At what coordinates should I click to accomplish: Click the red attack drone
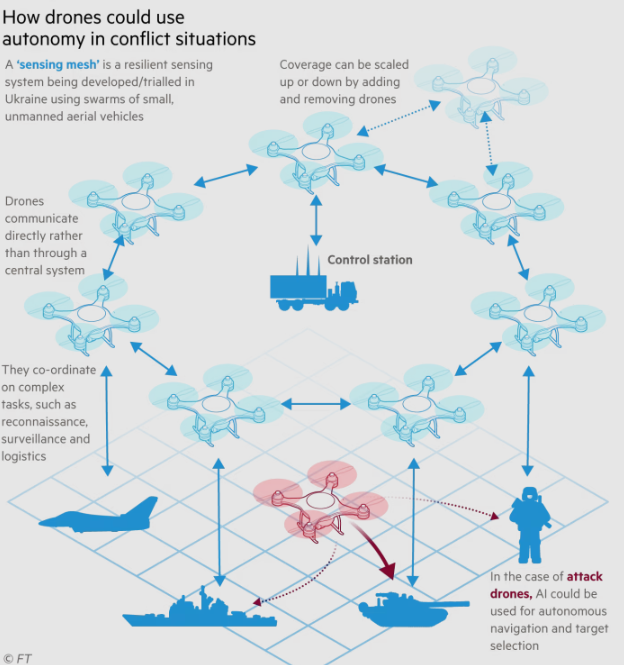[x=320, y=500]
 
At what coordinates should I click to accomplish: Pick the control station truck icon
[x=314, y=284]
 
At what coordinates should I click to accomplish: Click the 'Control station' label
[x=370, y=260]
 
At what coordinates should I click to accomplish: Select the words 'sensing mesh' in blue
[x=58, y=64]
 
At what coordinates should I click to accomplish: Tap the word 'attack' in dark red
[x=585, y=576]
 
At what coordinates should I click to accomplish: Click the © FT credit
[x=17, y=658]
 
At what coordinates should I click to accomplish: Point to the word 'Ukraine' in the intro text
[x=26, y=99]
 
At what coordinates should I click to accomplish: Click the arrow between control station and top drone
[x=316, y=220]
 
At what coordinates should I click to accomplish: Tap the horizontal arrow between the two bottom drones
[x=316, y=404]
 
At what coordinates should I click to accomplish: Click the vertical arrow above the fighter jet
[x=107, y=421]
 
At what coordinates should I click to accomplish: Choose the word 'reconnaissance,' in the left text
[x=45, y=422]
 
